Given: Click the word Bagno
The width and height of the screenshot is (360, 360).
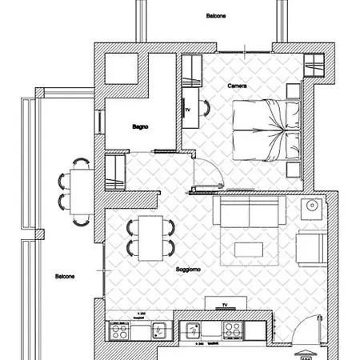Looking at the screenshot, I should (141, 126).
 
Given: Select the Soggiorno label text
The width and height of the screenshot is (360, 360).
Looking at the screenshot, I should (188, 270).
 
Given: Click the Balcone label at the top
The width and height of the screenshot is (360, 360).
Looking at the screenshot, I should (215, 16).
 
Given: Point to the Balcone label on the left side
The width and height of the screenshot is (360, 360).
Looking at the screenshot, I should (65, 277).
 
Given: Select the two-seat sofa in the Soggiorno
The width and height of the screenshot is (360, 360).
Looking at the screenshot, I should (249, 213).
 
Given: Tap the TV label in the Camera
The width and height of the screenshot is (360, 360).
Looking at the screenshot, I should (188, 109).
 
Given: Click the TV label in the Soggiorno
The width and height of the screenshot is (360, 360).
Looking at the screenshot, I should (225, 306).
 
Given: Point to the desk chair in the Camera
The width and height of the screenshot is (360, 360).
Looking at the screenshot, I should (205, 108).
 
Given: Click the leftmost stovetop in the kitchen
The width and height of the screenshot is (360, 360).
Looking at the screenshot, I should (120, 330).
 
